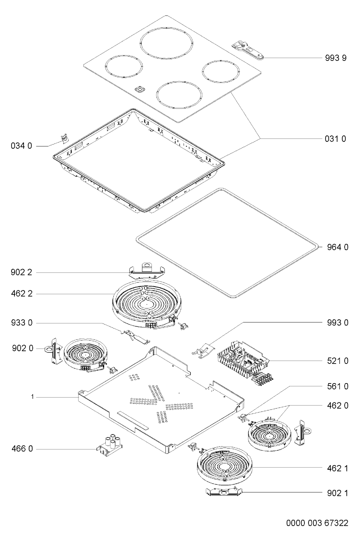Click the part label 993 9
pos(336,58)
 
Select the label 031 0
pos(335,139)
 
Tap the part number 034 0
pos(21,146)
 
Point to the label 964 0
pos(338,247)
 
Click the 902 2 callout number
pos(21,272)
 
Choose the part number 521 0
pos(338,361)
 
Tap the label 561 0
pos(338,386)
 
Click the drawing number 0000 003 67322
pos(317,523)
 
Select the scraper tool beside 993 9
pos(248,50)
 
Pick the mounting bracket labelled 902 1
pos(224,491)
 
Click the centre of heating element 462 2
pos(147,304)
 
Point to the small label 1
pos(32,397)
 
